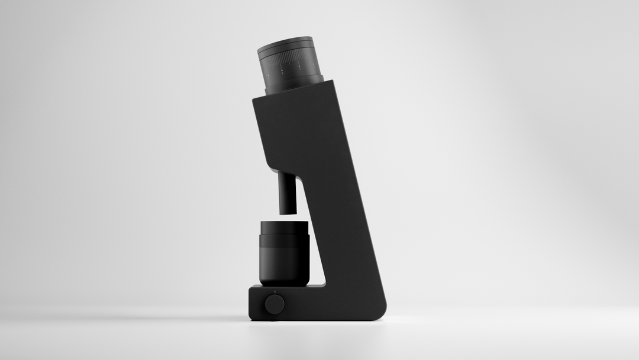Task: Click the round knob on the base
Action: tap(275, 304)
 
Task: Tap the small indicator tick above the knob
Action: tap(275, 292)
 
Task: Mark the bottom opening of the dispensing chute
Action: tap(288, 212)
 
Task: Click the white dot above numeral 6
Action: tap(282, 70)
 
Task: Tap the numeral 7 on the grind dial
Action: tap(300, 69)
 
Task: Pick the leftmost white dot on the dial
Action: tap(268, 75)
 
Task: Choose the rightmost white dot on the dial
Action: tap(314, 64)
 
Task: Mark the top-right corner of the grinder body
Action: tap(333, 81)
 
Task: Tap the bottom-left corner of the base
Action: tap(251, 319)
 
